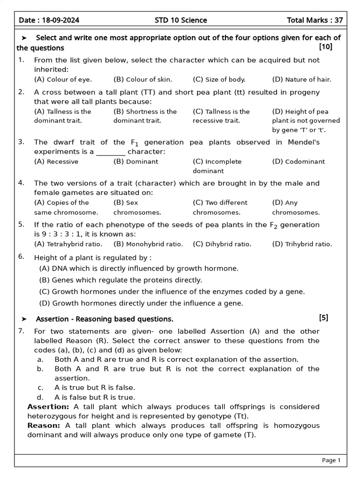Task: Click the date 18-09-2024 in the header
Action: click(61, 20)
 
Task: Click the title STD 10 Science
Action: click(181, 20)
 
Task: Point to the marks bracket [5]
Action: click(323, 318)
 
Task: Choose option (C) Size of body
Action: click(219, 79)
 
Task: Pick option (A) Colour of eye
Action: click(63, 79)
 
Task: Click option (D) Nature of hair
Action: click(301, 79)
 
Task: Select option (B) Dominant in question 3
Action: click(136, 162)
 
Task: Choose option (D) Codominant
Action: click(298, 162)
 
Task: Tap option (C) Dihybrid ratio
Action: click(222, 244)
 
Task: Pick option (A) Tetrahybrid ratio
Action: click(68, 244)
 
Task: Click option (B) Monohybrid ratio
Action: click(148, 244)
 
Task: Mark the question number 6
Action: click(21, 257)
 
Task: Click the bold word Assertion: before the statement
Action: click(48, 406)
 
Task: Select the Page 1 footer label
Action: click(331, 460)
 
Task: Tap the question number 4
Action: click(21, 183)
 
